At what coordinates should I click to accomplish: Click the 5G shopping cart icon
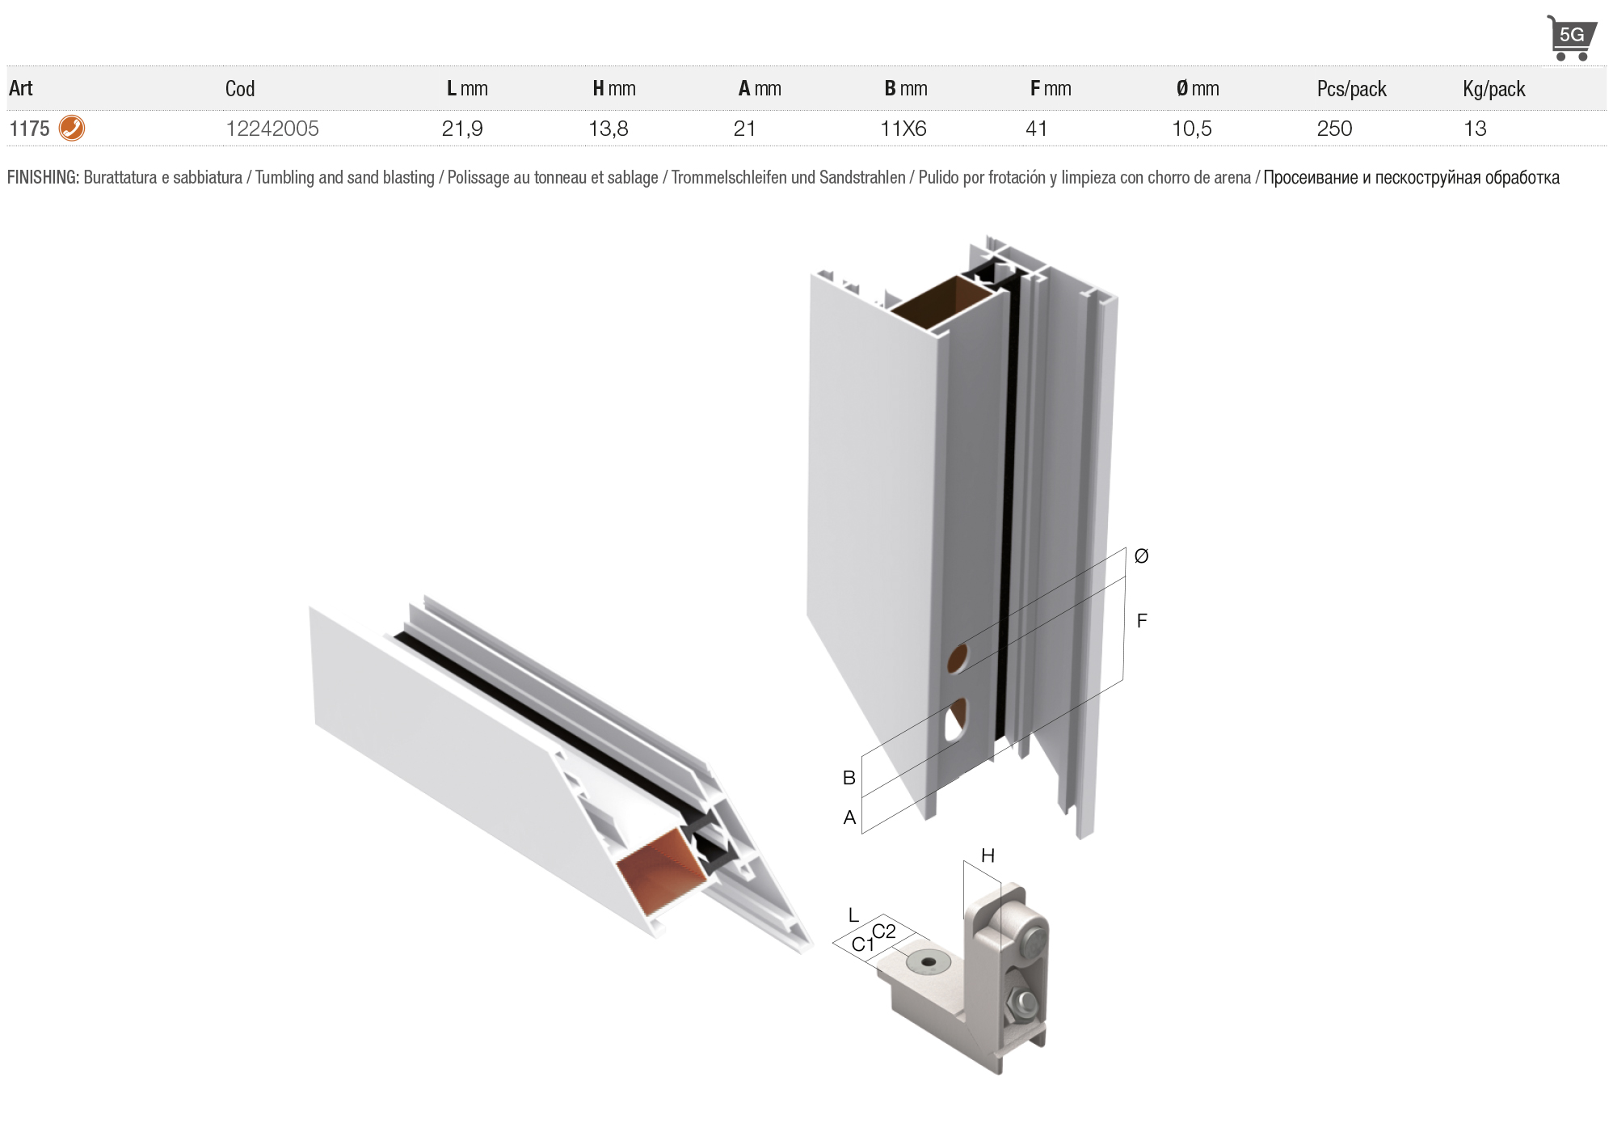tap(1571, 37)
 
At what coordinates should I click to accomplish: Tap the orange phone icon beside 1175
tap(72, 129)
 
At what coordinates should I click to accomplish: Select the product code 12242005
tap(272, 129)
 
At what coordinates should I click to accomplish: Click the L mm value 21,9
tap(462, 129)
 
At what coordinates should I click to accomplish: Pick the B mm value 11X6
tap(903, 129)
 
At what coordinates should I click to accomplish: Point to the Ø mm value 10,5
tap(1192, 129)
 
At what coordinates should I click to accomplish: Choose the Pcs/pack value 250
tap(1334, 129)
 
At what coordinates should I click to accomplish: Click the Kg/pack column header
tap(1494, 89)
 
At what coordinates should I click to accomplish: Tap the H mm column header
tap(614, 89)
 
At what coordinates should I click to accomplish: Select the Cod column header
tap(240, 89)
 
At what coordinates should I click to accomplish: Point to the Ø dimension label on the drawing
tap(1141, 556)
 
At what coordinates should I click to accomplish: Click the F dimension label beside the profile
tap(1142, 621)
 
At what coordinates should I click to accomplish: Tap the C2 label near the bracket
tap(884, 931)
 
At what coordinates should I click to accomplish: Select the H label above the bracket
tap(988, 855)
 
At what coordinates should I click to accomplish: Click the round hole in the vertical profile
tap(958, 659)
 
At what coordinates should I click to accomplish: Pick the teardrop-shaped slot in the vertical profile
tap(956, 719)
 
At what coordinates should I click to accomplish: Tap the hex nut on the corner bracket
tap(1013, 1006)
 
